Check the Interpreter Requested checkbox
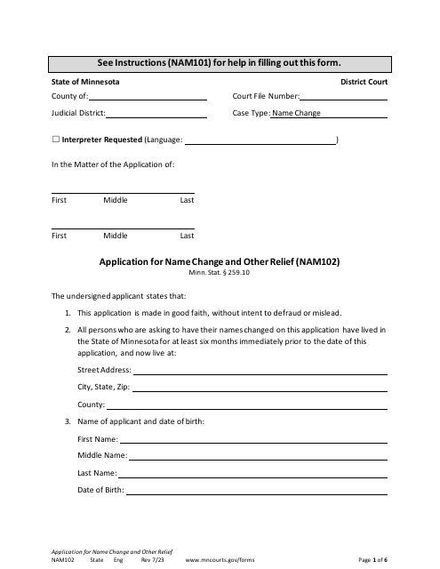[56, 140]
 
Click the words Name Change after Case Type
[296, 114]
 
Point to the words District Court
[364, 81]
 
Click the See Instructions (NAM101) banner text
[220, 62]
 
